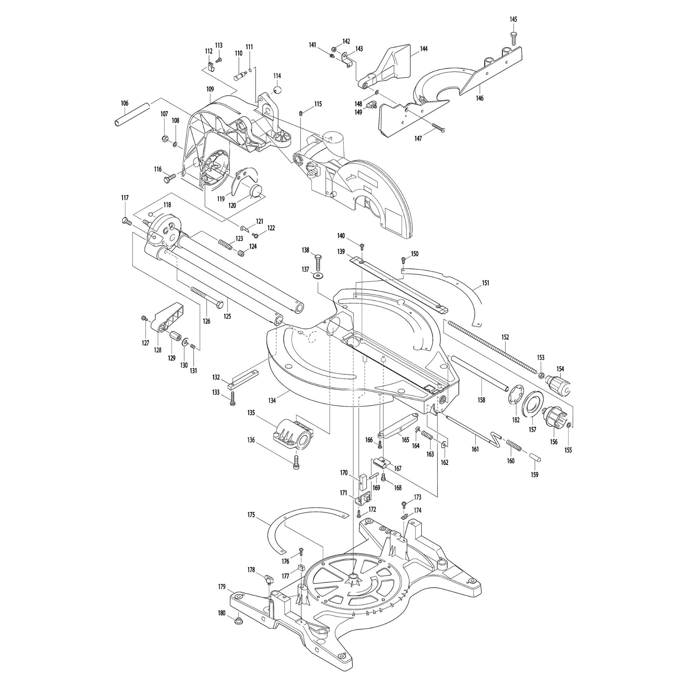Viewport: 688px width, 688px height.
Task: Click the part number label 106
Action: [x=124, y=103]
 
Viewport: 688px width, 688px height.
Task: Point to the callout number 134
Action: [x=272, y=401]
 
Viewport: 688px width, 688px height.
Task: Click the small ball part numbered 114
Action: [x=277, y=89]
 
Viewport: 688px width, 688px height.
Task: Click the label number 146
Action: [x=480, y=98]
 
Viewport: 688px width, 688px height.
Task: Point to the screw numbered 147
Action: [x=438, y=128]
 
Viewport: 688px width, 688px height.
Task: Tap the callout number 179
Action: [x=222, y=587]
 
